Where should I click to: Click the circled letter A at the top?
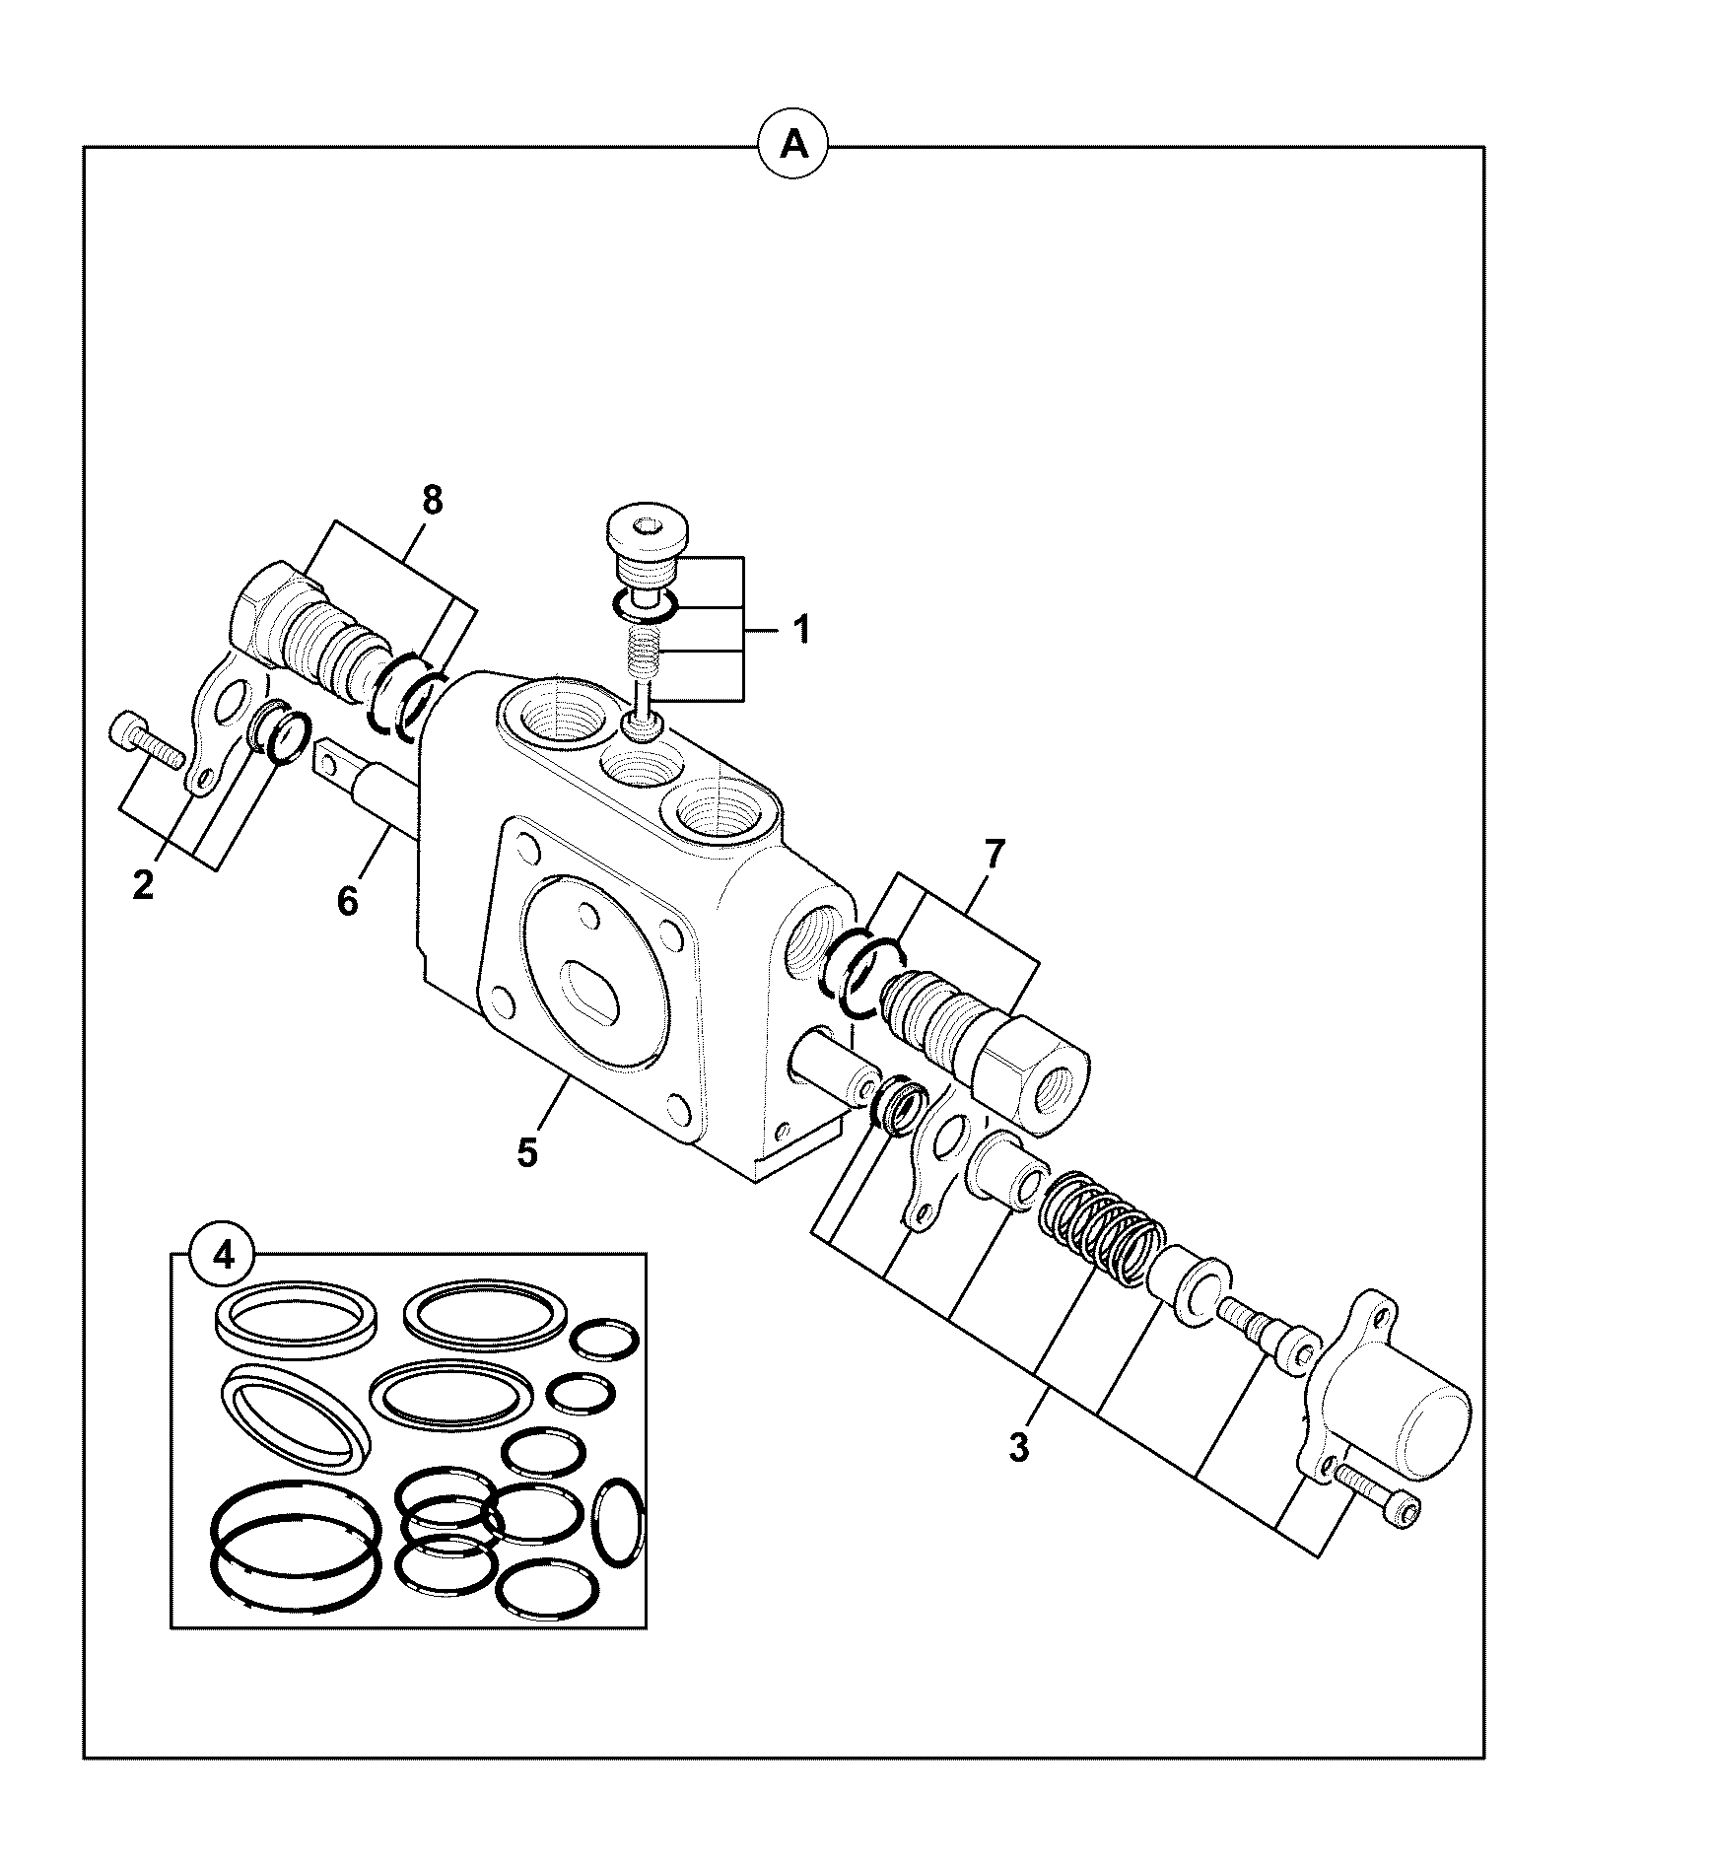point(793,146)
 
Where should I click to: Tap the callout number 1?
point(802,629)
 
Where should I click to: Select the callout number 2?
point(143,885)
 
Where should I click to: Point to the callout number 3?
point(1019,1448)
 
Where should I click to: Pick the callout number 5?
point(527,1150)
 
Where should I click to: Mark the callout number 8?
point(432,501)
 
